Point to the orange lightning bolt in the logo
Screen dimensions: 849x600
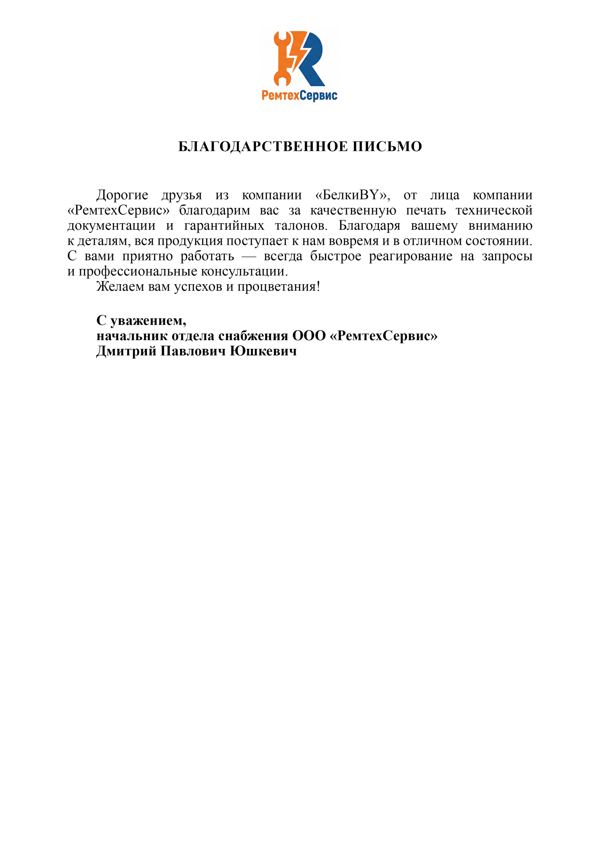tap(299, 50)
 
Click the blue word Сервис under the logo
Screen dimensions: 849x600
tap(318, 96)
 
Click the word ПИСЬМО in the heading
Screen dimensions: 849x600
tap(387, 147)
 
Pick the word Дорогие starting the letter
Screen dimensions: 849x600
tap(122, 195)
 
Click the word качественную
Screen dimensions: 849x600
tap(353, 210)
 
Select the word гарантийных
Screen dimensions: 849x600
tap(224, 226)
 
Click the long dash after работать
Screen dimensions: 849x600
tap(249, 256)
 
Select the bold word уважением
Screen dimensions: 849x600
tap(148, 321)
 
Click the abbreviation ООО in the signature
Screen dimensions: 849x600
tap(309, 336)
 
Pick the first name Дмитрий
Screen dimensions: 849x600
tap(126, 351)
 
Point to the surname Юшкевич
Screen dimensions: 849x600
tap(263, 351)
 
